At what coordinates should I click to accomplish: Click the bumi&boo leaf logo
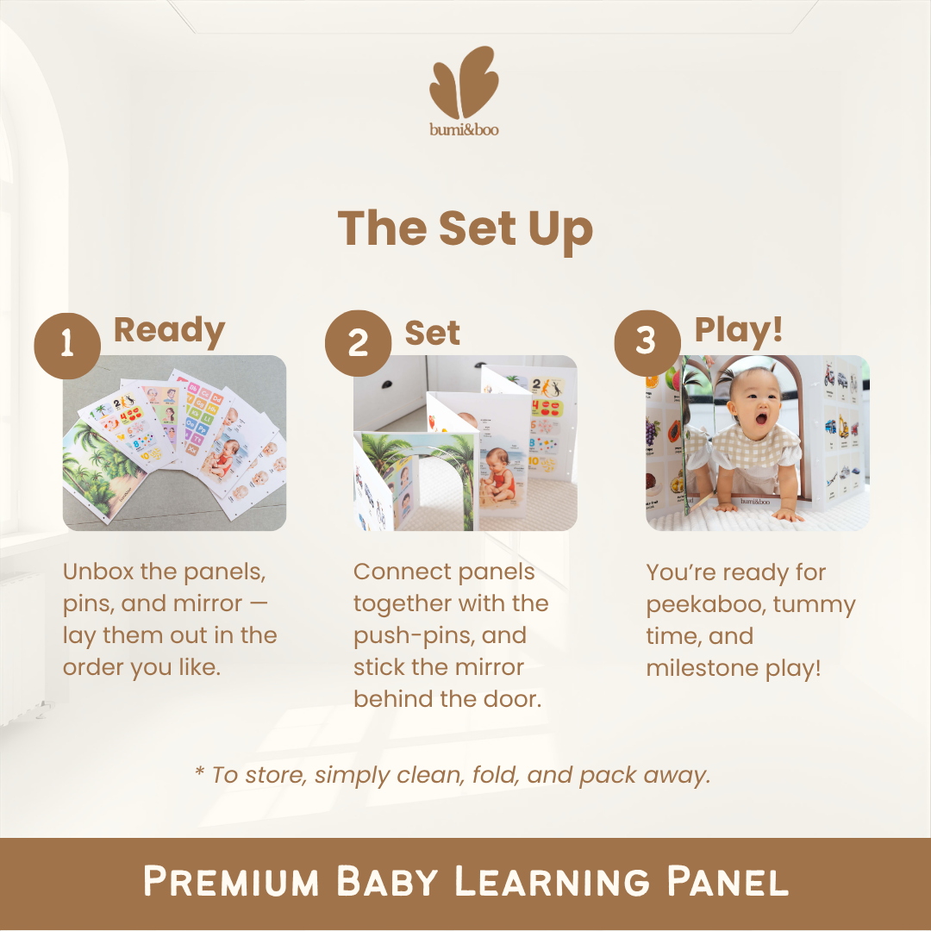pos(464,83)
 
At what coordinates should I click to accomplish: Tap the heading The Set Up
pos(465,228)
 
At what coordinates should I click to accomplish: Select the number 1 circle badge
pos(67,345)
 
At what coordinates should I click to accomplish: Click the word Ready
pos(169,330)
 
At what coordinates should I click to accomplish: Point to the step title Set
pos(432,333)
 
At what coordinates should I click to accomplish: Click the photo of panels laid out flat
pos(174,442)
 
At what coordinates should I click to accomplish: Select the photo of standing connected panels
pos(465,442)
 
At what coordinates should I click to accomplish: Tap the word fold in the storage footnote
pos(494,774)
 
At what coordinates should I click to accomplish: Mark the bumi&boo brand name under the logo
pos(465,130)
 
